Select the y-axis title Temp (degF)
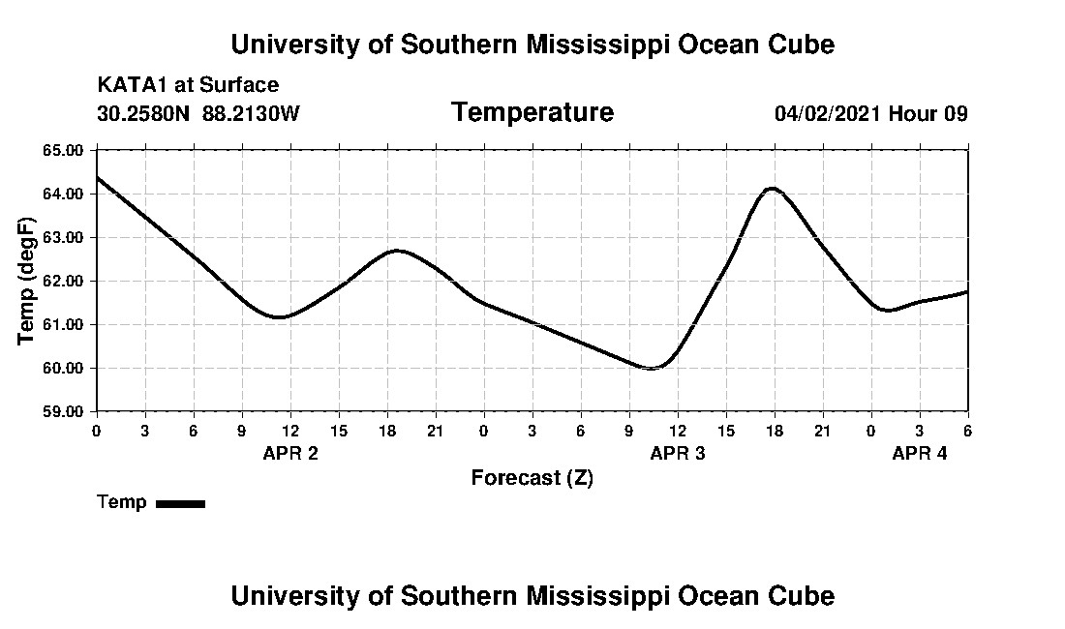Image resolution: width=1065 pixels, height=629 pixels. [28, 281]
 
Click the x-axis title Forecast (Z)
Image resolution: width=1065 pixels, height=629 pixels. [532, 478]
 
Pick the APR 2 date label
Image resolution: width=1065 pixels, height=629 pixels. [289, 453]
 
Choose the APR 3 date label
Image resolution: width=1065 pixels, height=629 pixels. [677, 453]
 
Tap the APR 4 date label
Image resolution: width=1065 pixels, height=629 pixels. [919, 453]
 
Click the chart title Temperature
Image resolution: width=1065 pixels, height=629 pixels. [532, 113]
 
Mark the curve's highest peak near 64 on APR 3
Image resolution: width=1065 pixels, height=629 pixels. [772, 189]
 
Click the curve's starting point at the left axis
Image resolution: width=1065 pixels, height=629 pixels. [97, 178]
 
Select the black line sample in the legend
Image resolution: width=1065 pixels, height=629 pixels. [180, 503]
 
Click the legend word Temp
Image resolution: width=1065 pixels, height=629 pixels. [122, 502]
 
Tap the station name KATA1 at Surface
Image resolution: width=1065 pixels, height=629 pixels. [188, 85]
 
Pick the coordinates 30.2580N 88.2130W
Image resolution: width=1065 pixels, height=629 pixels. [198, 113]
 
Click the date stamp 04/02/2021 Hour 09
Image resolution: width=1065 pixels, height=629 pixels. [870, 113]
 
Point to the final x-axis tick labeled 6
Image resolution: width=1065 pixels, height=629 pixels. [967, 431]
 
